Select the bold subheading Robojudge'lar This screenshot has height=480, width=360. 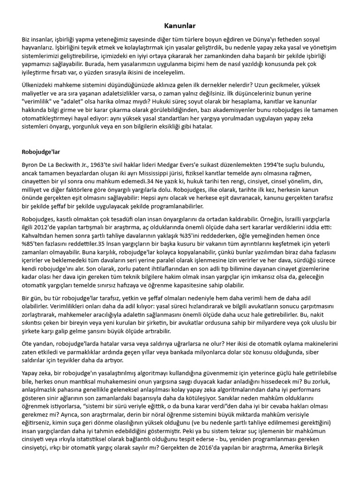tap(41, 152)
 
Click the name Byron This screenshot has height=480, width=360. tap(31, 166)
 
